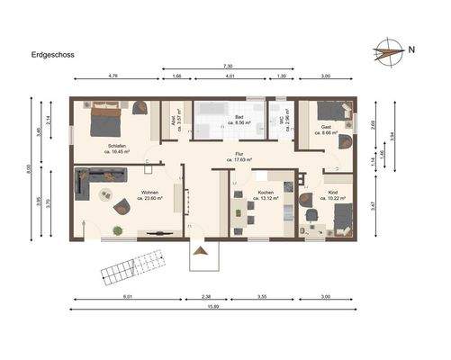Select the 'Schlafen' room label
[115, 146]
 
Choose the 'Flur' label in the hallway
[239, 156]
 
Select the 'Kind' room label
[332, 194]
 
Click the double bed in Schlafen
[106, 118]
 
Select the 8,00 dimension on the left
[30, 168]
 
